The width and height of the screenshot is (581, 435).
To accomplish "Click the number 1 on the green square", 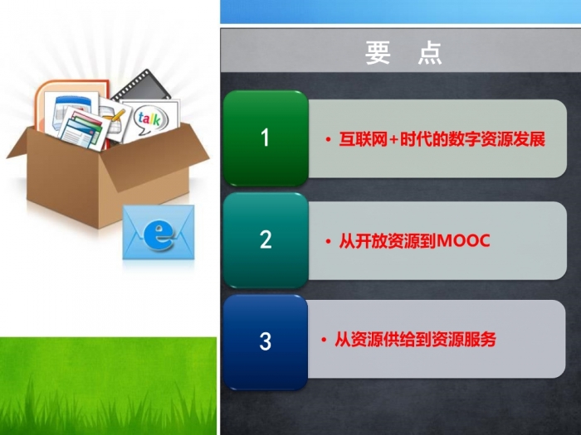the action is click(x=265, y=138).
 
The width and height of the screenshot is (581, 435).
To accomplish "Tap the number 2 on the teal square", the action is click(x=266, y=239).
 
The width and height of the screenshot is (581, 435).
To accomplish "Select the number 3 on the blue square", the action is click(x=266, y=341).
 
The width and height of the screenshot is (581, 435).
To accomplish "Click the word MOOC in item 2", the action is click(x=464, y=241).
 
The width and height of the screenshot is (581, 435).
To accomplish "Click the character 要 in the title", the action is click(x=378, y=53).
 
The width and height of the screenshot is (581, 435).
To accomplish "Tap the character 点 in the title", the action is click(x=430, y=53).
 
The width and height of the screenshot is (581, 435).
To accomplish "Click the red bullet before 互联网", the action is click(x=328, y=140).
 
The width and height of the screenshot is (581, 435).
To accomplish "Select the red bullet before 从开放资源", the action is click(x=328, y=242).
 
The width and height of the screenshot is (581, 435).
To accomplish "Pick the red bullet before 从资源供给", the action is click(x=324, y=340).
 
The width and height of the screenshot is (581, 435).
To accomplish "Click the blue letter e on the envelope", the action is click(x=159, y=234).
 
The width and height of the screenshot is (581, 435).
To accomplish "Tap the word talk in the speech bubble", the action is click(x=149, y=118).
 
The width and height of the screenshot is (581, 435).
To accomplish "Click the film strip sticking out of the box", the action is click(x=142, y=86).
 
